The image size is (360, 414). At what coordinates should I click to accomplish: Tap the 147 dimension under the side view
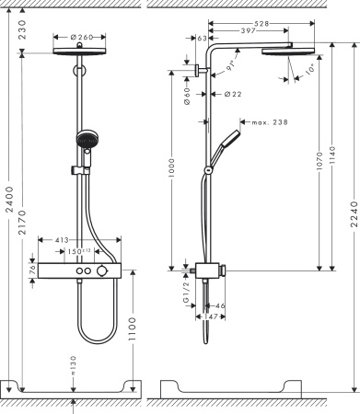point(213,315)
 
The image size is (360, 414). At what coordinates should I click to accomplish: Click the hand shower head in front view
point(84,142)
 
